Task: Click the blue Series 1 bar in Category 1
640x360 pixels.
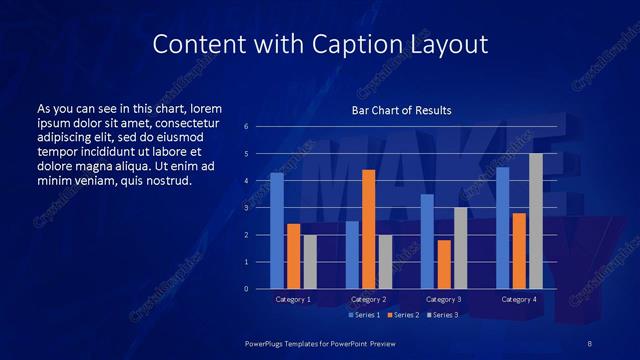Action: pos(277,231)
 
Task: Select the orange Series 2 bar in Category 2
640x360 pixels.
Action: pos(368,229)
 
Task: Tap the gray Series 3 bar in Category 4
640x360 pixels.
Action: pos(536,221)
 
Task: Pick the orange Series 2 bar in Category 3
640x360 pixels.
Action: pos(443,264)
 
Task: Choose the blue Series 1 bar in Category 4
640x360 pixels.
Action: pos(502,228)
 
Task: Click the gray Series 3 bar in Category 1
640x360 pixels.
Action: pos(310,262)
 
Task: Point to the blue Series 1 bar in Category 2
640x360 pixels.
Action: pos(352,255)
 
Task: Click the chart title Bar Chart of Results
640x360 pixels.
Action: pos(400,110)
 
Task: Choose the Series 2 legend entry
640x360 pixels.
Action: pos(403,315)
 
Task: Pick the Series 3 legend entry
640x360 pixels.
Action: pos(441,315)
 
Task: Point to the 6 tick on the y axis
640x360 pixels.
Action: pos(246,127)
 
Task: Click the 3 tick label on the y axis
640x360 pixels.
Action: pos(246,208)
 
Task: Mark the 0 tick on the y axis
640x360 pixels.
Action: pos(246,289)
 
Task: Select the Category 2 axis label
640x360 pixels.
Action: pos(368,299)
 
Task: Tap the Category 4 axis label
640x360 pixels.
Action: pos(518,299)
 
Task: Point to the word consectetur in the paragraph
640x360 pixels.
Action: pos(186,121)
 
